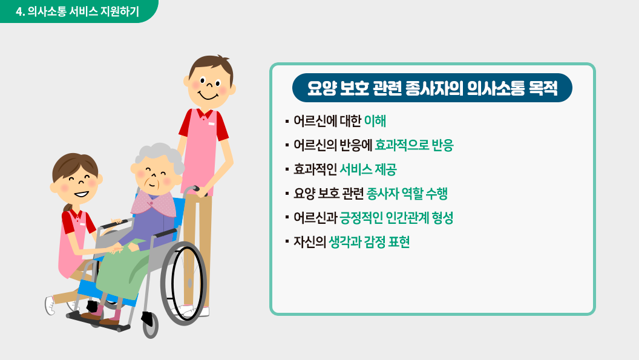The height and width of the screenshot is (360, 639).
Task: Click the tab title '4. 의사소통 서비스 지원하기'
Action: point(77,11)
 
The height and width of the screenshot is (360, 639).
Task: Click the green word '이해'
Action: point(375,121)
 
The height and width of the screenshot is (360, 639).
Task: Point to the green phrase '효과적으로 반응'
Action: point(414,145)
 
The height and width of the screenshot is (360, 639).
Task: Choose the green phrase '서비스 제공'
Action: point(368,169)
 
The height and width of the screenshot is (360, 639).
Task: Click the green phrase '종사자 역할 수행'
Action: point(407,193)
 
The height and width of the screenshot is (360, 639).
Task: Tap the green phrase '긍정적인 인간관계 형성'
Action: point(396,218)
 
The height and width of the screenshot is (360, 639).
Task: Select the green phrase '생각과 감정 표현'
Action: point(369,242)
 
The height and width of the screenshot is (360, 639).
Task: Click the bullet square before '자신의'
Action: point(287,242)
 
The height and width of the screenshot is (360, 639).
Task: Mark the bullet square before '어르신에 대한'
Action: point(287,122)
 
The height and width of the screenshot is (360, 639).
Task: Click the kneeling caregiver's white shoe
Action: point(50,306)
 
